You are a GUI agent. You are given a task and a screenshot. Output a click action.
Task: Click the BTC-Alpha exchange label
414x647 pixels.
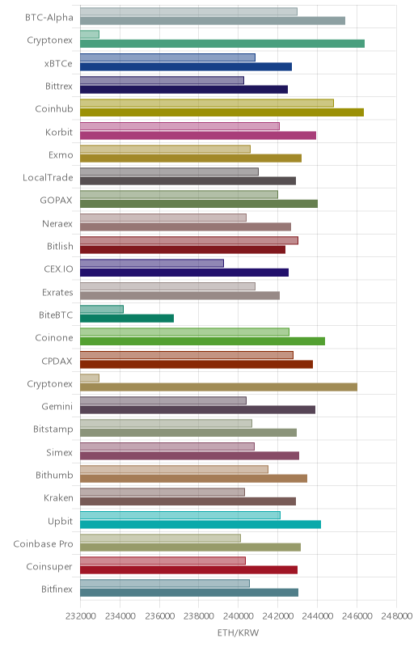pyautogui.click(x=49, y=17)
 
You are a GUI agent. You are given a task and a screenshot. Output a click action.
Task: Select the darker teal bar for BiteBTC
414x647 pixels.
pyautogui.click(x=127, y=318)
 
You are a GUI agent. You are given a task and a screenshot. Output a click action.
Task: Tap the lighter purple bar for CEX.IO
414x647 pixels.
pyautogui.click(x=152, y=264)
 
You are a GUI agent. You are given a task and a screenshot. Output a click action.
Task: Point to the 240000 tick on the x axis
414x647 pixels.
pyautogui.click(x=238, y=615)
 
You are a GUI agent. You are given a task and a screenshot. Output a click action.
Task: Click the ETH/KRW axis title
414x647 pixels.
pyautogui.click(x=238, y=632)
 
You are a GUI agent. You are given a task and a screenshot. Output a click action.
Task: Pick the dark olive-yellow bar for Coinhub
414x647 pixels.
pyautogui.click(x=222, y=112)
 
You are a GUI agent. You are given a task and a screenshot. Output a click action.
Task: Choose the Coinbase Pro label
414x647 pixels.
pyautogui.click(x=44, y=543)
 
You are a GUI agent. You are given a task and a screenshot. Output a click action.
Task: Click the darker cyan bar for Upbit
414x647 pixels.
pyautogui.click(x=201, y=524)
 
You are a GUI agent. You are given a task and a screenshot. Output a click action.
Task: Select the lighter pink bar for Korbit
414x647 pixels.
pyautogui.click(x=180, y=126)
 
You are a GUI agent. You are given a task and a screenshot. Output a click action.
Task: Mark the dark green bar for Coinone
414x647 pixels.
pyautogui.click(x=202, y=341)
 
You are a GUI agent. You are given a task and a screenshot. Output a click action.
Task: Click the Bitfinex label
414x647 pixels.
pyautogui.click(x=57, y=590)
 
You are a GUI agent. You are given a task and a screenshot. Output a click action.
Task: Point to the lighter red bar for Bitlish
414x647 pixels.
pyautogui.click(x=189, y=240)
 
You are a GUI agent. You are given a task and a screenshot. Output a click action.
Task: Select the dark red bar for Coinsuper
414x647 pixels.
pyautogui.click(x=189, y=570)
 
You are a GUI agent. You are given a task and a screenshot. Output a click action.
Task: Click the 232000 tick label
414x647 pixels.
pyautogui.click(x=80, y=615)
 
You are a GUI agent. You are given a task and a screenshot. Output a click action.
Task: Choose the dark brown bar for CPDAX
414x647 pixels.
pyautogui.click(x=196, y=364)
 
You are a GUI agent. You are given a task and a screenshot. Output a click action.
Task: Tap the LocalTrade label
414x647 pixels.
pyautogui.click(x=48, y=177)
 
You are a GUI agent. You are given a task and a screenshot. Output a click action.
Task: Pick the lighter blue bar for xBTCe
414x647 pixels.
pyautogui.click(x=167, y=57)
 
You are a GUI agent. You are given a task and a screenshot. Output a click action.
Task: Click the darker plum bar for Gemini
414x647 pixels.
pyautogui.click(x=197, y=410)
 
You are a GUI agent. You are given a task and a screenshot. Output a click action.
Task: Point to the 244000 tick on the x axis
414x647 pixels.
pyautogui.click(x=317, y=615)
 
